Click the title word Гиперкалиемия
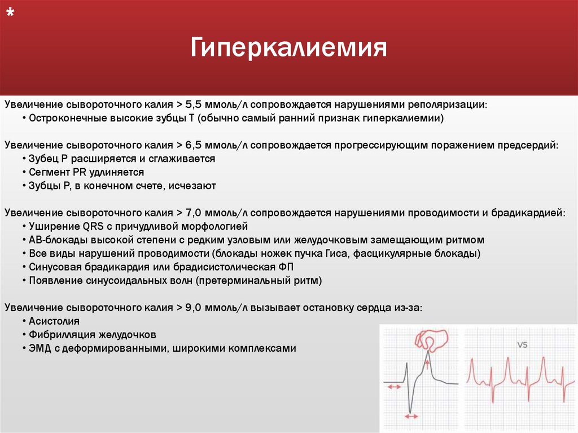tap(288, 49)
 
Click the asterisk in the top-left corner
tap(10, 15)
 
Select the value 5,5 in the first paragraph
tap(191, 105)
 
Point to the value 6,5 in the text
tap(191, 145)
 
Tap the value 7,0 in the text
tap(191, 213)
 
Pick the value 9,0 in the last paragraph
tap(191, 308)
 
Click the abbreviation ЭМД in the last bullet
tap(39, 348)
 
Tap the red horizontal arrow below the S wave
tap(411, 416)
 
